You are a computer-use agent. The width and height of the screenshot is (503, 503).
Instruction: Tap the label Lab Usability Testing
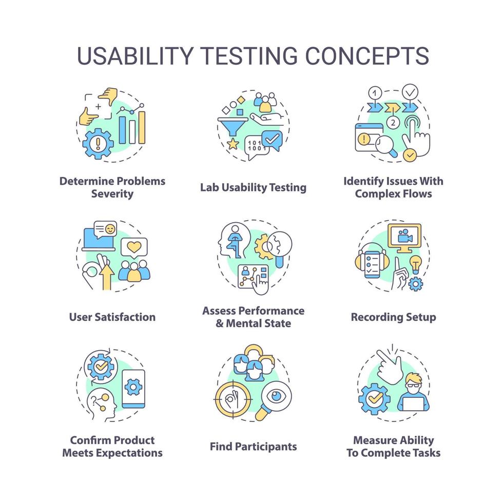click(x=253, y=187)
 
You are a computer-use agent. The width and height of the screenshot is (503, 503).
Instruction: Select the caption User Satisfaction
click(x=112, y=317)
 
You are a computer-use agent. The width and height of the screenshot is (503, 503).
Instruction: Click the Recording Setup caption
click(x=393, y=317)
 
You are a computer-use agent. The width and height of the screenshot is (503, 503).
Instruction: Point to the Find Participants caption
click(x=253, y=446)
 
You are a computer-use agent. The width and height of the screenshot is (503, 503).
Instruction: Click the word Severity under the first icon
click(x=112, y=194)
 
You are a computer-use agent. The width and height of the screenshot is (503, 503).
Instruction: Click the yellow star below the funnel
click(x=233, y=144)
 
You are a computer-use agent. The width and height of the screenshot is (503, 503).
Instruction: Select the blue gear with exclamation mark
click(x=98, y=143)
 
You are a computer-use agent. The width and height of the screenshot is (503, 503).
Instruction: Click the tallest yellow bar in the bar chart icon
click(x=142, y=127)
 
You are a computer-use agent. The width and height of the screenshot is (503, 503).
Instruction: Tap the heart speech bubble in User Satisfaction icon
click(x=134, y=248)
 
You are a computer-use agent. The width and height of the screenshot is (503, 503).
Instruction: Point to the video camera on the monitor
click(x=404, y=237)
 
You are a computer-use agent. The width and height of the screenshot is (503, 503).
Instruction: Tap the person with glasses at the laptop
click(x=414, y=393)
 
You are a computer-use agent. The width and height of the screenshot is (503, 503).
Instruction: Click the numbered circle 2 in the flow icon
click(x=393, y=123)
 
